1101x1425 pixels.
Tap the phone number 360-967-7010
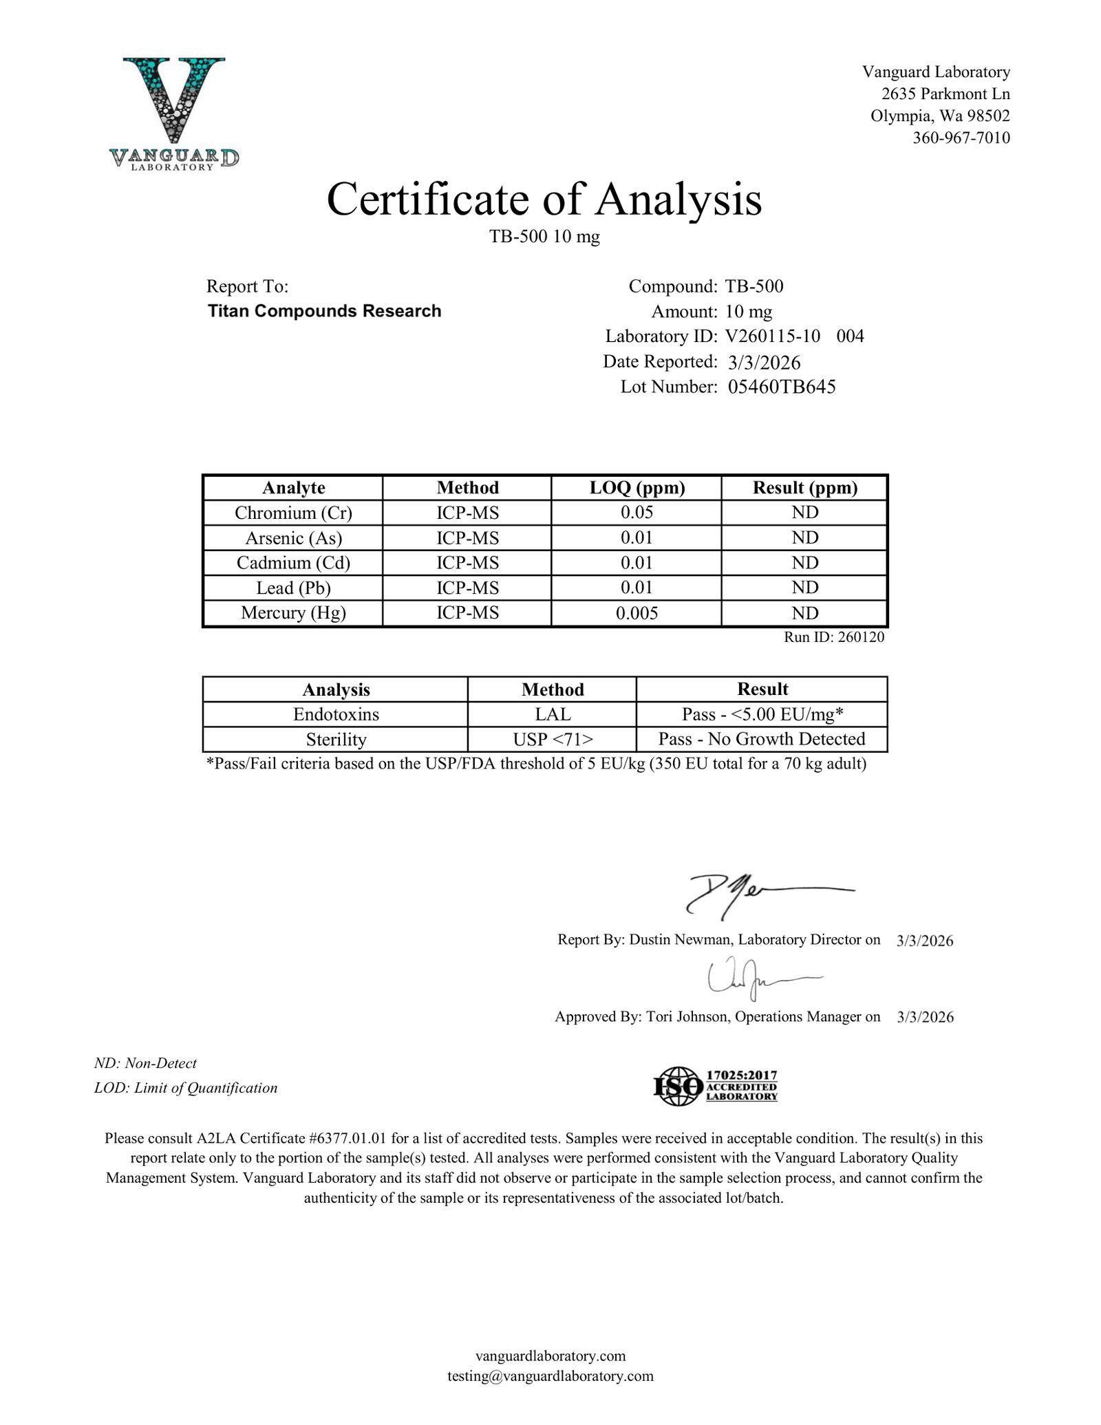[961, 138]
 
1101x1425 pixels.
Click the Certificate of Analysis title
[544, 200]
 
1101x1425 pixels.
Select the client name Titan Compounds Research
[324, 311]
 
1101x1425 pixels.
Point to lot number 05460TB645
[782, 387]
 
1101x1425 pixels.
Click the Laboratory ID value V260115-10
[772, 336]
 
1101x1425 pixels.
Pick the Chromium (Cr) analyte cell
[293, 513]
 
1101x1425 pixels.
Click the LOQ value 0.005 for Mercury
[637, 613]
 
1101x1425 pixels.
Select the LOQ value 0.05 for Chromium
[637, 513]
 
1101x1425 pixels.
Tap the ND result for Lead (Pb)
[804, 588]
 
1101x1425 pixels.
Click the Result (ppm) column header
[804, 488]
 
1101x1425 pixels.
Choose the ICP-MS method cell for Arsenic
[467, 537]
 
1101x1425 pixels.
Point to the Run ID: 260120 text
[834, 637]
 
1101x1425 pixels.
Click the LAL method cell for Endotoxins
[552, 714]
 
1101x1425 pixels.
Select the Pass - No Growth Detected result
[762, 739]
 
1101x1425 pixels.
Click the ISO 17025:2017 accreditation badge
[716, 1086]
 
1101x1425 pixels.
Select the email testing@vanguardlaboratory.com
[550, 1376]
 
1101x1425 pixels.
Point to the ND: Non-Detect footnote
[145, 1063]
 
